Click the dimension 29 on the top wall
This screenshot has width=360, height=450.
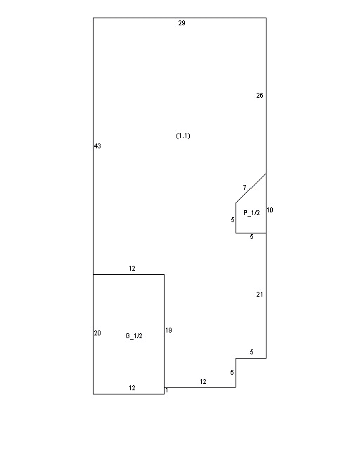(181, 23)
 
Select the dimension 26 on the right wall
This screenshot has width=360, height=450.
(259, 96)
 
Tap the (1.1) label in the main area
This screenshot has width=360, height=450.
(183, 136)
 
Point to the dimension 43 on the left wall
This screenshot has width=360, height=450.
(97, 146)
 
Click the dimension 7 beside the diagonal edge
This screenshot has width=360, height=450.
(245, 188)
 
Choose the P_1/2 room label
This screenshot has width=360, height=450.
(252, 212)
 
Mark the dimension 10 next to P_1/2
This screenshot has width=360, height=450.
(270, 210)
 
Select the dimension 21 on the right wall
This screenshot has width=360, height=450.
(259, 294)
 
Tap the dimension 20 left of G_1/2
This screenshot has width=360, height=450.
(97, 333)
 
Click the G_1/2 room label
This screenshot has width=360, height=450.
(134, 336)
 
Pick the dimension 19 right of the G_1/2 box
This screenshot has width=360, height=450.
(169, 330)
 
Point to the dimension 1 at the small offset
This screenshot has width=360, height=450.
(167, 390)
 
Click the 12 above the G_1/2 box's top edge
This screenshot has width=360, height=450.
(131, 269)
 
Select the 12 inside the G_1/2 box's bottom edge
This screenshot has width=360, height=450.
(131, 388)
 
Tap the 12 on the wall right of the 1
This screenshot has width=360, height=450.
(203, 381)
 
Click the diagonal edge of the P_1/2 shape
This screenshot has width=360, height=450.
(251, 188)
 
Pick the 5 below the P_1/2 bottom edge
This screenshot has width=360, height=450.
(252, 237)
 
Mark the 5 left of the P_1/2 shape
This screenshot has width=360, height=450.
(233, 220)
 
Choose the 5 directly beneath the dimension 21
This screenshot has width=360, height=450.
(252, 352)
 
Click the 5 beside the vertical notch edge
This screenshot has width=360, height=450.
(232, 373)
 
